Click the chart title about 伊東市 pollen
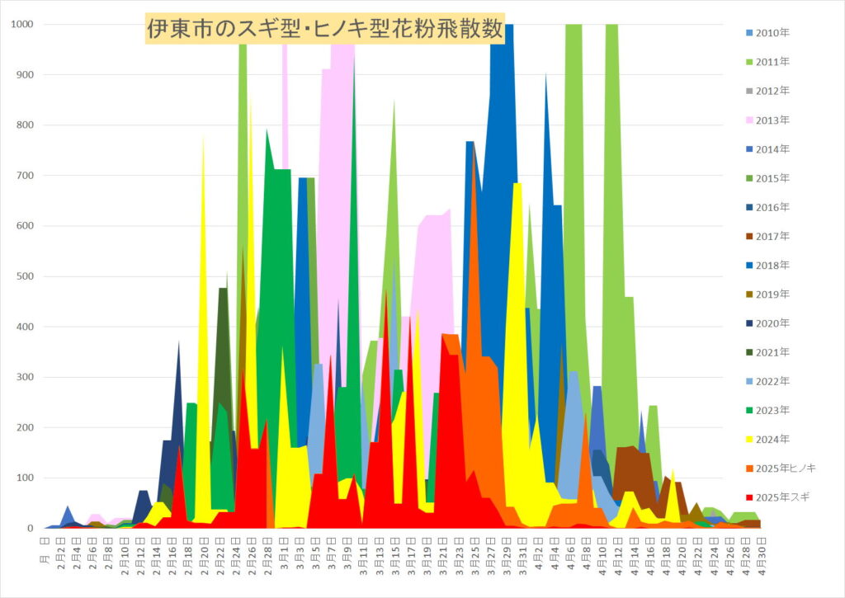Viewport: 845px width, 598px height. (324, 29)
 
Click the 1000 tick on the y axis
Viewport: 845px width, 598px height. (22, 25)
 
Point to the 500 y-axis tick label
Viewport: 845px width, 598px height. (25, 276)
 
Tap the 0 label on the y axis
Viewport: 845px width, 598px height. (31, 528)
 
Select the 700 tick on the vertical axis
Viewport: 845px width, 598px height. (25, 176)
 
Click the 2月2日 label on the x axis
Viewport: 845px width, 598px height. (61, 548)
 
